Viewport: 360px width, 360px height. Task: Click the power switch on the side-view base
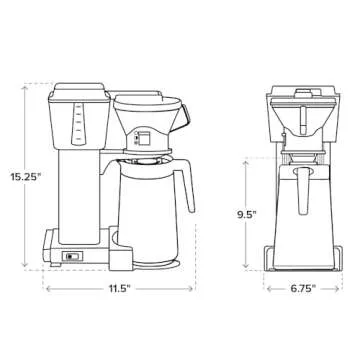click(69, 255)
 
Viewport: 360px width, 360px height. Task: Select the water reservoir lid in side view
click(80, 91)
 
